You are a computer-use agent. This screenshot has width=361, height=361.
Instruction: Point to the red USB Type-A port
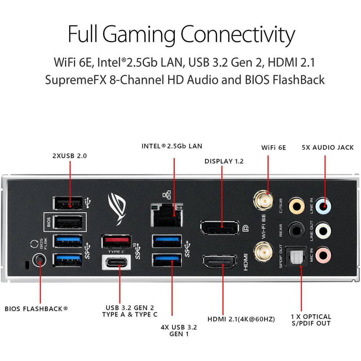(x=116, y=241)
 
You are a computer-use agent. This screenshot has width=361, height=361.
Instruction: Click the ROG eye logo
(x=118, y=208)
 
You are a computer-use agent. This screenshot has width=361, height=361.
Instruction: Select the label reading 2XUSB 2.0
(x=70, y=156)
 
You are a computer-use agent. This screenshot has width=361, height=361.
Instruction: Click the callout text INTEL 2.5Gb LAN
(x=172, y=146)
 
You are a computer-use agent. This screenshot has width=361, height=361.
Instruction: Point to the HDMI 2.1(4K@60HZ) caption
(x=241, y=319)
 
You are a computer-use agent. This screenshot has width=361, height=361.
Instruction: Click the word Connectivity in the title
(x=238, y=34)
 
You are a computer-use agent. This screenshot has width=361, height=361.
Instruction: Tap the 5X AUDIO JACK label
(x=328, y=148)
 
